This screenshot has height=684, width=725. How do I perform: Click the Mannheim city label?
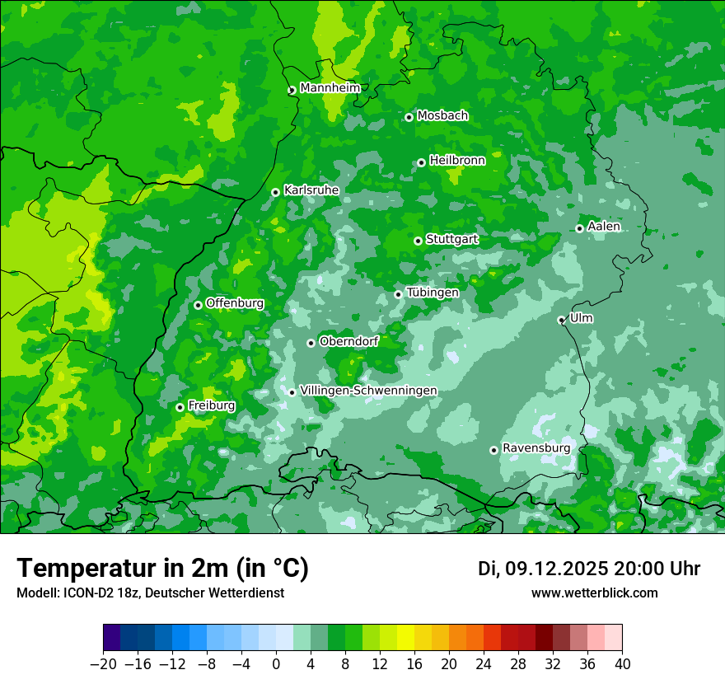[330, 88]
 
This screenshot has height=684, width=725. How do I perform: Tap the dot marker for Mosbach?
[409, 117]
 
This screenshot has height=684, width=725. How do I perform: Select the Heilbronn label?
[457, 161]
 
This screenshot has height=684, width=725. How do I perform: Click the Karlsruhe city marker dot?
[276, 192]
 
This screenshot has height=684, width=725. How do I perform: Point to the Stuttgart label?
[451, 240]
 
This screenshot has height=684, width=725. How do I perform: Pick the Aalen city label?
[604, 227]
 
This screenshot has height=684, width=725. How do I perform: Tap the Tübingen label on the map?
[433, 293]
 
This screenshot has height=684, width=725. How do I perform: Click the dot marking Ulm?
[562, 320]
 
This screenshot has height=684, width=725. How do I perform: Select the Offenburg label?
[235, 303]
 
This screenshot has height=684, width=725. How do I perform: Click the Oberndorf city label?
[348, 341]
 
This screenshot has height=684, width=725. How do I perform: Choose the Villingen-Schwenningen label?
[368, 391]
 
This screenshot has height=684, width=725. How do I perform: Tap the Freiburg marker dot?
[180, 407]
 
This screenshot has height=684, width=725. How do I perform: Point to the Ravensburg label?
[536, 448]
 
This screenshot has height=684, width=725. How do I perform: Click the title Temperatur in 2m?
[162, 568]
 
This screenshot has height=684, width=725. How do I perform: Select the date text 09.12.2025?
[556, 569]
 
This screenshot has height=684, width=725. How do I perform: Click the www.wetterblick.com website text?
[594, 593]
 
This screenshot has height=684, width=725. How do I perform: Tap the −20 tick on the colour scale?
[103, 664]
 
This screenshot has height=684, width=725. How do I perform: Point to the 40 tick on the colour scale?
[622, 664]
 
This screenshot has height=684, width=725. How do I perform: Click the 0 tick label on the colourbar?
[276, 664]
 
